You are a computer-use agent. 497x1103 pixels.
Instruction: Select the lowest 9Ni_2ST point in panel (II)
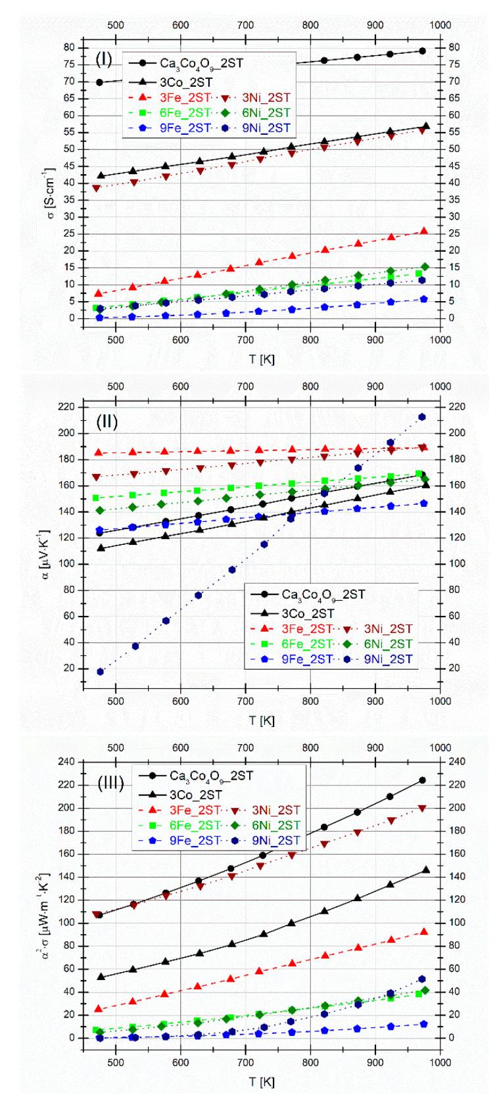(x=101, y=672)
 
